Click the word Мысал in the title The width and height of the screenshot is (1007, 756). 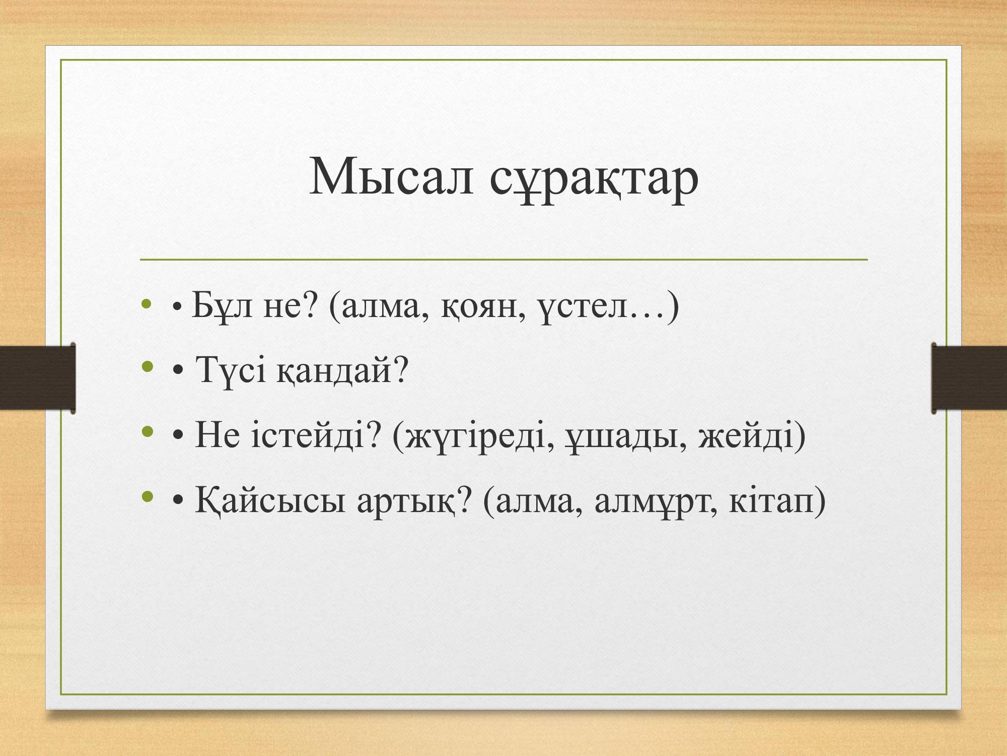(392, 176)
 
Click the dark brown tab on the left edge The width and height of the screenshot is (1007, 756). (38, 378)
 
